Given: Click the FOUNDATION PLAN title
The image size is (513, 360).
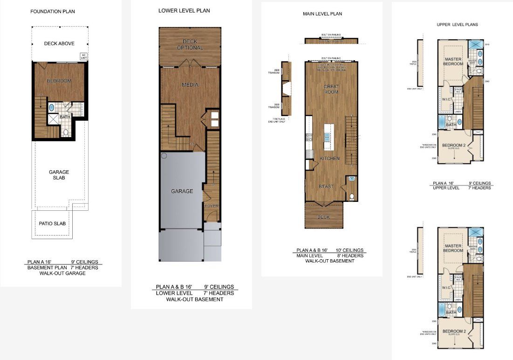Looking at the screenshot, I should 53,11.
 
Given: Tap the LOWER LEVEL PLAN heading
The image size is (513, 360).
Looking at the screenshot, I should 184,11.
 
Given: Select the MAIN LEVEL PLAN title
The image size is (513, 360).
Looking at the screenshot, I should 322,14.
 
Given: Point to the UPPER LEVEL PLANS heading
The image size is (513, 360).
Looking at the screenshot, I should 457,25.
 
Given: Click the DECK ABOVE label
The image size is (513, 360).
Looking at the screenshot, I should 59,44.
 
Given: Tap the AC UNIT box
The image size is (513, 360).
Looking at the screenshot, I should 84,56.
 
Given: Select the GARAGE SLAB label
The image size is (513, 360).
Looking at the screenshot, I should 59,175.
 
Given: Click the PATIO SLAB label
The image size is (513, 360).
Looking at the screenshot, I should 52,223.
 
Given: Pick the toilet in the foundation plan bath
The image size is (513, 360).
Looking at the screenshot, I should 66,133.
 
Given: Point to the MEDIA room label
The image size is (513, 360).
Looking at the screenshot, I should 190,85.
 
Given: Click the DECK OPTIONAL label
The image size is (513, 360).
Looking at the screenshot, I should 190,45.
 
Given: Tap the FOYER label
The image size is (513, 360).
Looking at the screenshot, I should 212,206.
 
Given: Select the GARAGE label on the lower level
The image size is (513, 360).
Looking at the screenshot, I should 182,191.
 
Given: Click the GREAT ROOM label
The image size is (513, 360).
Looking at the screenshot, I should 331,90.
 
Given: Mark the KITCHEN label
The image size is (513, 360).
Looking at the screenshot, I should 329,159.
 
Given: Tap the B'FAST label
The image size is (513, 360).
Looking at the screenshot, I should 326,187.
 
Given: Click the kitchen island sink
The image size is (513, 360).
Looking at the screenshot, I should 327,137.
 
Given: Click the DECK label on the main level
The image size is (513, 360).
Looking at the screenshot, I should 323,217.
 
